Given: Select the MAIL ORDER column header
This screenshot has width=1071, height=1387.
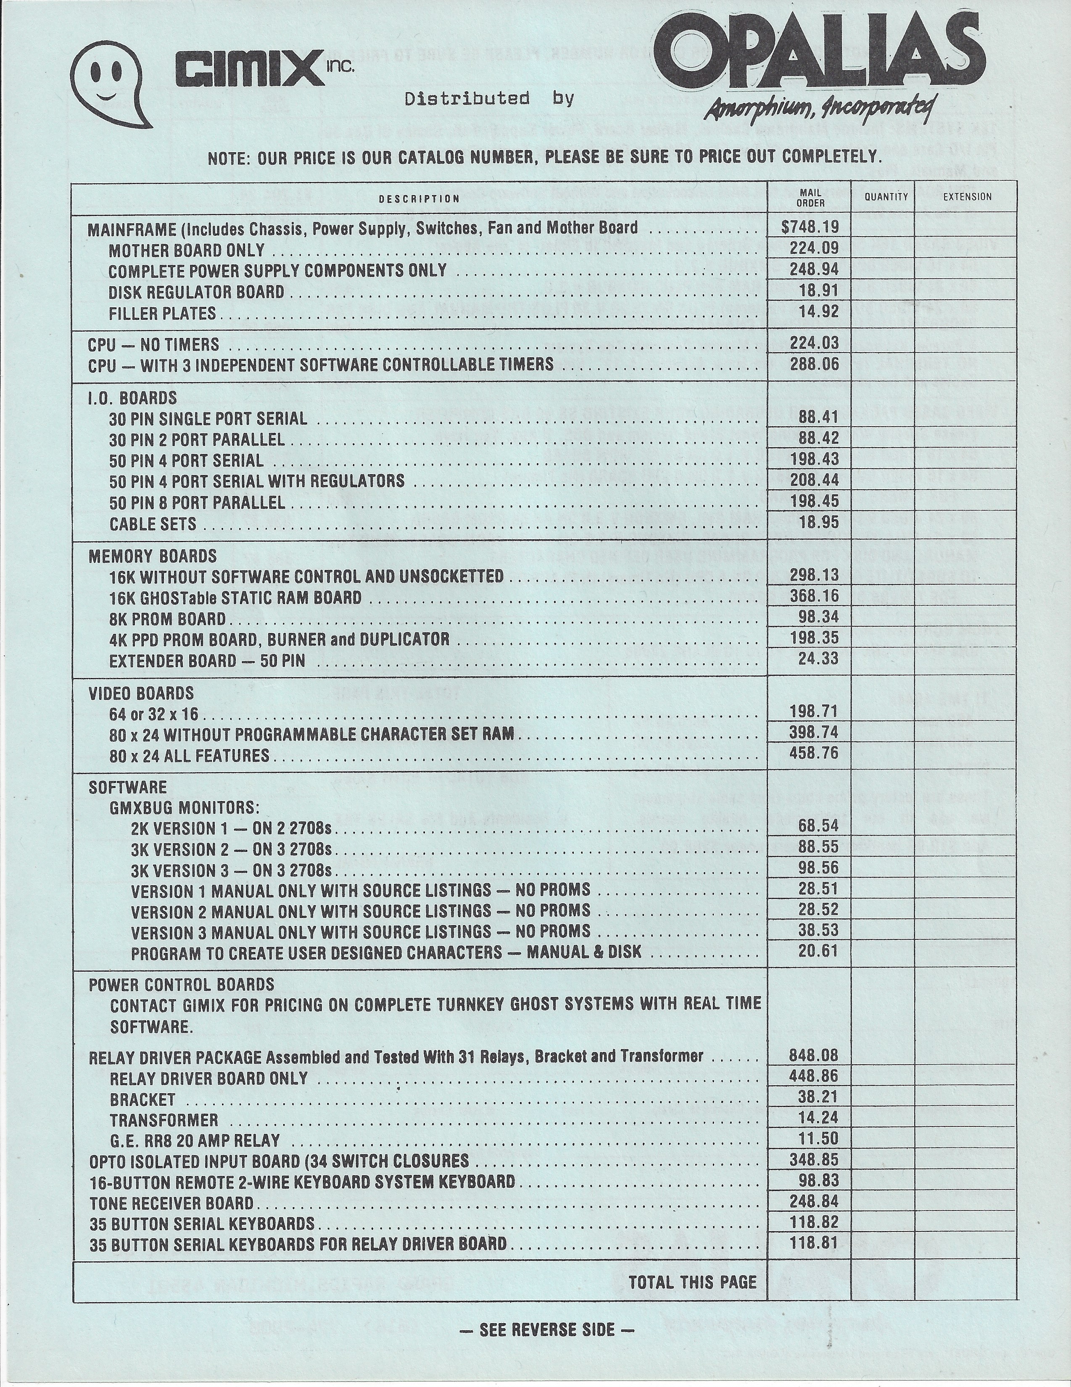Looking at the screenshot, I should pos(810,198).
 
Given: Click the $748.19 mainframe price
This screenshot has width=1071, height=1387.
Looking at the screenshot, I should pos(810,227).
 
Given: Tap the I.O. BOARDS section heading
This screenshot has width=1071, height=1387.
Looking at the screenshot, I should pos(132,398).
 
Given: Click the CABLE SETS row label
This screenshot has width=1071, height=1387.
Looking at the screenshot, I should pos(153,525).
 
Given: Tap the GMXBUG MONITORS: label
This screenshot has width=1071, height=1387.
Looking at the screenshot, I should pos(184,808).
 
